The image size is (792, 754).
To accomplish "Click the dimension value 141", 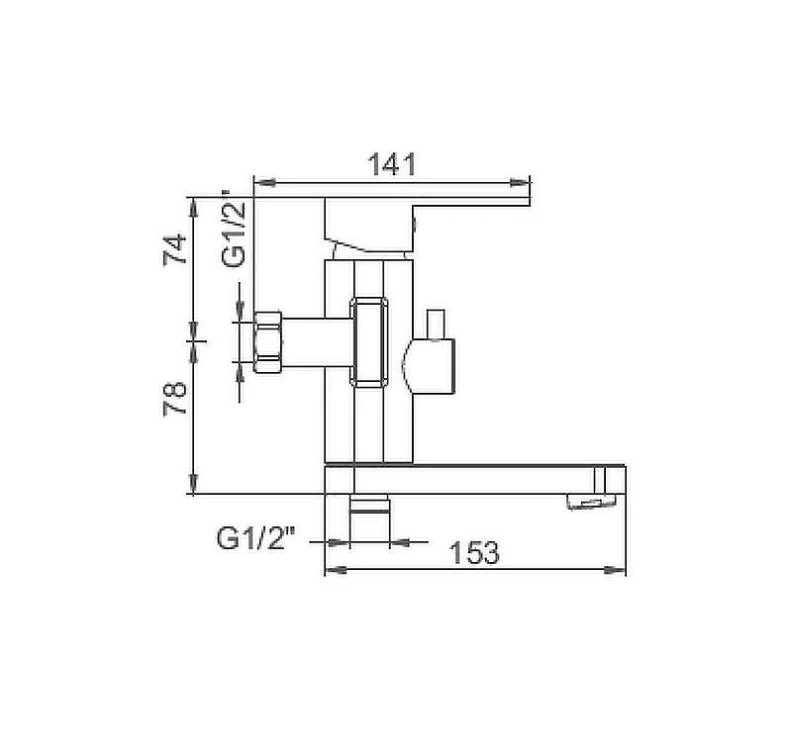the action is point(392,164).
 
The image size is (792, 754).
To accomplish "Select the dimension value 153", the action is point(474,552).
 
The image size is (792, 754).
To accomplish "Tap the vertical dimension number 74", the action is point(176,249).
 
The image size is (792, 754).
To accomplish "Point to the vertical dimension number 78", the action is point(176,399).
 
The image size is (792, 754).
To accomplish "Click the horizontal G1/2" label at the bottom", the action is point(255,537).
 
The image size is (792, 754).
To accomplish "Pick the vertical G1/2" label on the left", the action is point(234,229).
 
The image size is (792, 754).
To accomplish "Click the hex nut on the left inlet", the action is point(267,341).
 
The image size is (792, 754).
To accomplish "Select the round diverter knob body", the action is point(429,365).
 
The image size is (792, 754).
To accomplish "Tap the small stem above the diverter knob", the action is point(436,324).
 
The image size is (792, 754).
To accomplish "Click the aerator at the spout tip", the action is point(591,501).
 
